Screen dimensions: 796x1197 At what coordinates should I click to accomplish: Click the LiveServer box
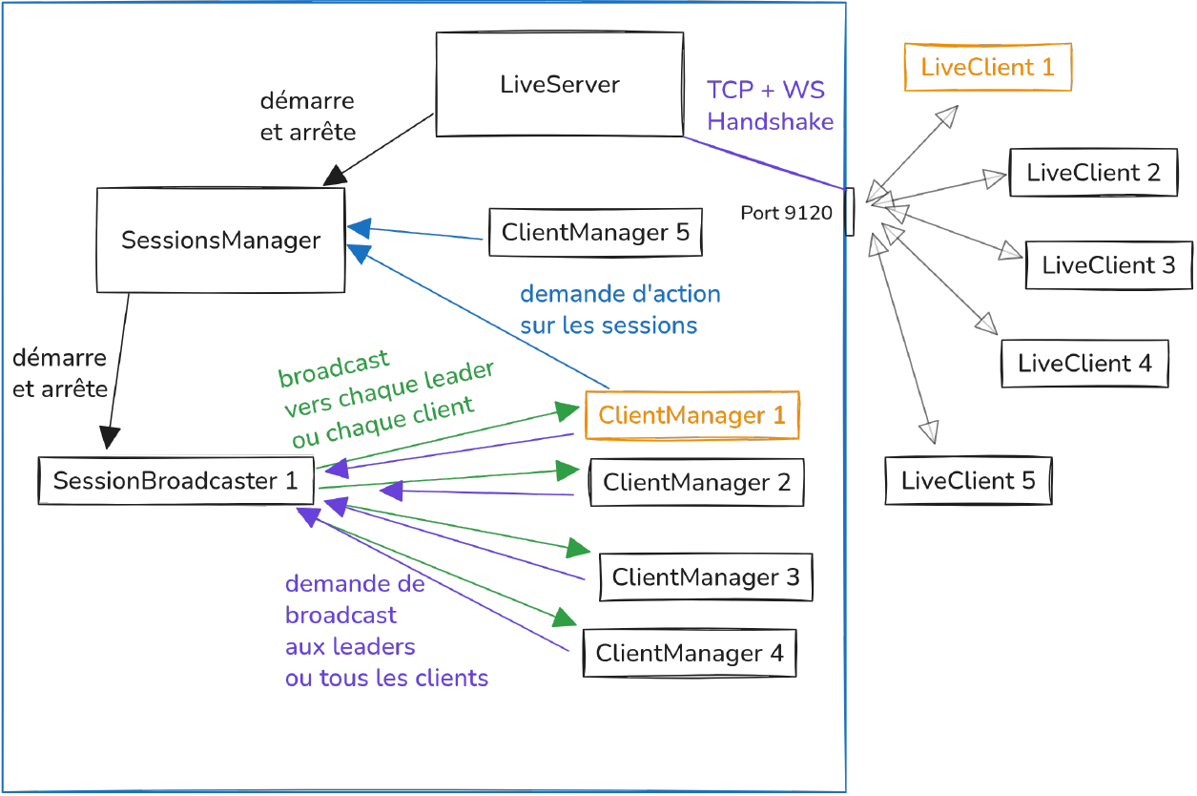pyautogui.click(x=559, y=85)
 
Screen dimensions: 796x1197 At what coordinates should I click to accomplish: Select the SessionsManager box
pyautogui.click(x=220, y=240)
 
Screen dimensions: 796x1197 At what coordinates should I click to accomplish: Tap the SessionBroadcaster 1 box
pyautogui.click(x=175, y=481)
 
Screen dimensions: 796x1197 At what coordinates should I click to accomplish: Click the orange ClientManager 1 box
pyautogui.click(x=691, y=415)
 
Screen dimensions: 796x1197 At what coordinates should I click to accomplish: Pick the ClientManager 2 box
pyautogui.click(x=696, y=483)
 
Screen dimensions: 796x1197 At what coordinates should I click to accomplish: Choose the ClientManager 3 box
pyautogui.click(x=706, y=577)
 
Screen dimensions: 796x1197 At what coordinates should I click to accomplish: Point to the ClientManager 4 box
pyautogui.click(x=690, y=654)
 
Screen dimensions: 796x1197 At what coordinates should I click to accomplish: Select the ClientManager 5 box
pyautogui.click(x=595, y=233)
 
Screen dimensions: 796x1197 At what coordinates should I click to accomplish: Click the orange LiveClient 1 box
pyautogui.click(x=987, y=68)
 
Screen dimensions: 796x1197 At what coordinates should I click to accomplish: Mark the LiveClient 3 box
pyautogui.click(x=1108, y=265)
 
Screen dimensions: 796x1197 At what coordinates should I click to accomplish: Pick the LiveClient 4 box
pyautogui.click(x=1084, y=364)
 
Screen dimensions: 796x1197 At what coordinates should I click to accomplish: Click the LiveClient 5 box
pyautogui.click(x=968, y=481)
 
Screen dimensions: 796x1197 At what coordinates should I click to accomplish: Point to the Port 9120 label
pyautogui.click(x=786, y=213)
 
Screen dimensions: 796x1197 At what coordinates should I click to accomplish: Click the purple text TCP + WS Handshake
pyautogui.click(x=770, y=106)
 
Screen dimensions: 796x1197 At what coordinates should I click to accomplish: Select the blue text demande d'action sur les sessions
pyautogui.click(x=619, y=309)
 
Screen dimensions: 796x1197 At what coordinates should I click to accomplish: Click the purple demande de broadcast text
pyautogui.click(x=385, y=631)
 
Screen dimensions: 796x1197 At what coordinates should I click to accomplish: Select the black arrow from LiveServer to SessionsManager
pyautogui.click(x=381, y=150)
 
